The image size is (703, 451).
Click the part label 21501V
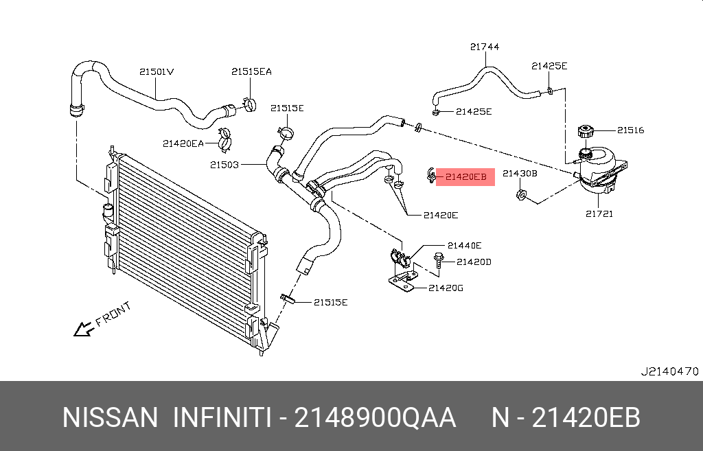pyautogui.click(x=157, y=71)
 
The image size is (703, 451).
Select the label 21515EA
pyautogui.click(x=251, y=71)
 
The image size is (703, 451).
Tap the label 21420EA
pyautogui.click(x=183, y=143)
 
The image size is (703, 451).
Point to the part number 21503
pyautogui.click(x=224, y=165)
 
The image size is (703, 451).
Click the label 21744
pyautogui.click(x=485, y=47)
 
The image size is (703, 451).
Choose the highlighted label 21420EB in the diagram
pyautogui.click(x=465, y=176)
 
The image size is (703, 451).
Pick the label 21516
pyautogui.click(x=630, y=130)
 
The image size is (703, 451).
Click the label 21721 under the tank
pyautogui.click(x=599, y=213)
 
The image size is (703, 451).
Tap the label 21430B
pyautogui.click(x=520, y=174)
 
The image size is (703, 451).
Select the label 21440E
pyautogui.click(x=464, y=245)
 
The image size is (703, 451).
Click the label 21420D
pyautogui.click(x=474, y=262)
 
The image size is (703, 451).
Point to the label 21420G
pyautogui.click(x=446, y=288)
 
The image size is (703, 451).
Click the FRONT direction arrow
pyautogui.click(x=84, y=329)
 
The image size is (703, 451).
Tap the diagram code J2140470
pyautogui.click(x=669, y=371)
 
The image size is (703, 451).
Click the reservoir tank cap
pyautogui.click(x=585, y=130)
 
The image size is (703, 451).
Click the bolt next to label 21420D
pyautogui.click(x=439, y=261)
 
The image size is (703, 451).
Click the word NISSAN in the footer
pyautogui.click(x=111, y=417)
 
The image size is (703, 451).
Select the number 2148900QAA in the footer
pyautogui.click(x=375, y=417)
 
